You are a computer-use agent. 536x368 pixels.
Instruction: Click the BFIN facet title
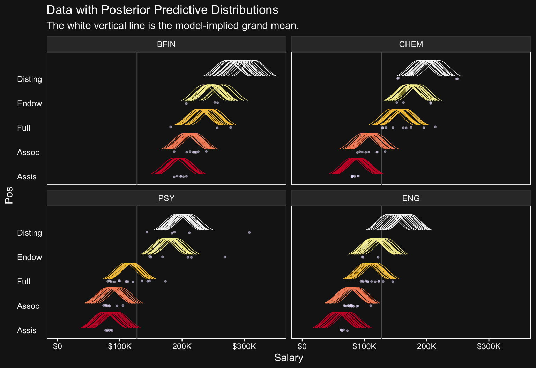[166, 44]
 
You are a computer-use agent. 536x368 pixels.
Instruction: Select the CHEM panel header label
[411, 44]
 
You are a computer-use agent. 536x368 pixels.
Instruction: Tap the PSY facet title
[166, 198]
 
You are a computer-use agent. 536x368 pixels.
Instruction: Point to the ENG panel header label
[411, 198]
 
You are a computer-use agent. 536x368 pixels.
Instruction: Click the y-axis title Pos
[9, 195]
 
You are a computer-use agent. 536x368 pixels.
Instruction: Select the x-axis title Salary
[289, 358]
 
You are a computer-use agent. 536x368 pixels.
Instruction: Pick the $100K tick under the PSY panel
[120, 346]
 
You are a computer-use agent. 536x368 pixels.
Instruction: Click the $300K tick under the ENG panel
[489, 346]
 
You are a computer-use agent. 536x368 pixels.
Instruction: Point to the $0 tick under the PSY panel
[58, 346]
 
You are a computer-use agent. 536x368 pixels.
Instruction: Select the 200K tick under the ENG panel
[426, 346]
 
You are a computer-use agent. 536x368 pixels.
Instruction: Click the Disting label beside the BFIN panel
[30, 79]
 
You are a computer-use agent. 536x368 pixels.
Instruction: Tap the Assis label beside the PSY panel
[27, 330]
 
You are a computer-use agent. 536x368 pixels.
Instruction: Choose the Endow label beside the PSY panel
[30, 257]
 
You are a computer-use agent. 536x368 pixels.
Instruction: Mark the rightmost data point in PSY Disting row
[249, 232]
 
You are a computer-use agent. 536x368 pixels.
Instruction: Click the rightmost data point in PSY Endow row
[225, 257]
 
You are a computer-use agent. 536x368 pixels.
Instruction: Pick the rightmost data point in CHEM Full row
[435, 127]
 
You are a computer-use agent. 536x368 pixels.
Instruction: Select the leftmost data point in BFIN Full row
[171, 127]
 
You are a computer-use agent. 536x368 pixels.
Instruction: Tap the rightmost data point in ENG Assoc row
[371, 306]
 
